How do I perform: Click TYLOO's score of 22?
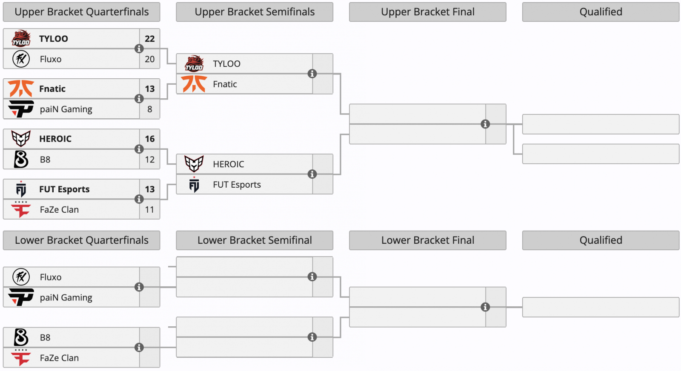pos(149,39)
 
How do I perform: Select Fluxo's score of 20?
pos(149,59)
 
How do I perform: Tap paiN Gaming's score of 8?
pos(149,109)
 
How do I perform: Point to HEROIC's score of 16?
pos(149,139)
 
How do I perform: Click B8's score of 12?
pos(149,160)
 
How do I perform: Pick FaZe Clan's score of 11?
pos(149,210)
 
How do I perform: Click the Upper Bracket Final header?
pos(427,12)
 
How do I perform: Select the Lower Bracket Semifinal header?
pos(255,240)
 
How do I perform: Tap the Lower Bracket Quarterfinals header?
pos(81,240)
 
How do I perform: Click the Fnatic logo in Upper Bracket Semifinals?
pos(194,84)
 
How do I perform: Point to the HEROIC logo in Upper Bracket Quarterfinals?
pos(21,139)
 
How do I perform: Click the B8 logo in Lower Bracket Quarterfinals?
pos(21,337)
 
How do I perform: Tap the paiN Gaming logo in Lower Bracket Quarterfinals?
pos(21,297)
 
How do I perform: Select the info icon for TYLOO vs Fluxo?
pos(139,49)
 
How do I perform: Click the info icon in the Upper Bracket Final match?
pos(485,124)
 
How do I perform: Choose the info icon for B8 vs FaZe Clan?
pos(139,348)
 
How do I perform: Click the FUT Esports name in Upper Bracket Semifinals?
pos(237,185)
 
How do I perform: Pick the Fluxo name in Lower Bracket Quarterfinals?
pos(51,277)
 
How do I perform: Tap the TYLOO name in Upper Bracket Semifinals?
pos(226,64)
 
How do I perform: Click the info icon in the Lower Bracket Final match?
pos(485,307)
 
